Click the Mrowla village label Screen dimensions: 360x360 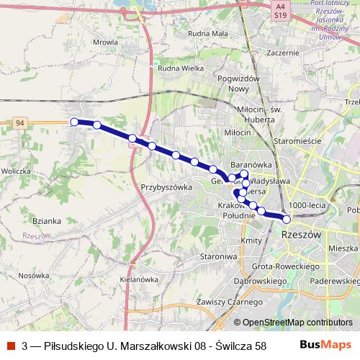tap(106, 42)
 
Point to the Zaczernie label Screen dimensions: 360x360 tap(282, 53)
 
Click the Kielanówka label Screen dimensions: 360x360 tap(139, 279)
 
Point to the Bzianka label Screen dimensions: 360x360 tap(47, 221)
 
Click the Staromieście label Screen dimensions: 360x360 tap(296, 141)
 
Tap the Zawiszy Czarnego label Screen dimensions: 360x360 tap(223, 302)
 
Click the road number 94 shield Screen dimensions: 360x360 tap(21, 123)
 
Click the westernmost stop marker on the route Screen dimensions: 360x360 tap(73, 122)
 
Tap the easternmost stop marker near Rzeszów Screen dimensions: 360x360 tap(287, 219)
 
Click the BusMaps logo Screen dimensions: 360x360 tap(330, 346)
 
